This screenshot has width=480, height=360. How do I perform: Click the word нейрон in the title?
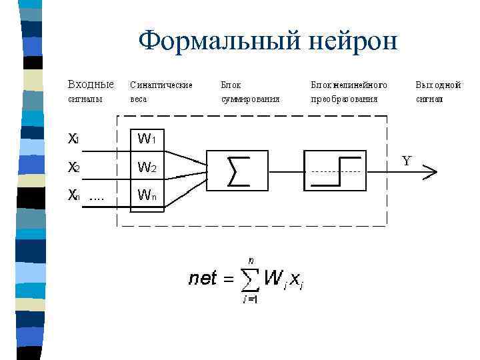pyautogui.click(x=352, y=41)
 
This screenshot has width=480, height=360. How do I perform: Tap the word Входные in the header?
pyautogui.click(x=91, y=85)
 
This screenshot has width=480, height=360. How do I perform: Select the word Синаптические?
pyautogui.click(x=161, y=85)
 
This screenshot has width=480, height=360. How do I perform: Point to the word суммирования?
pyautogui.click(x=251, y=99)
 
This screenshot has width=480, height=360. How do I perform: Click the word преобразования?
pyautogui.click(x=344, y=99)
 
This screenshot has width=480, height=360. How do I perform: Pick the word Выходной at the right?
pyautogui.click(x=438, y=85)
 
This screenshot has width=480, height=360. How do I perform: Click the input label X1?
pyautogui.click(x=74, y=139)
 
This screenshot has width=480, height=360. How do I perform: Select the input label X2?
pyautogui.click(x=74, y=167)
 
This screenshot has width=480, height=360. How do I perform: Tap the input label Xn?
pyautogui.click(x=74, y=195)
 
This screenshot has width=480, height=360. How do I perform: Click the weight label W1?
pyautogui.click(x=147, y=139)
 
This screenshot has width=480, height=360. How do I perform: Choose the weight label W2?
pyautogui.click(x=147, y=167)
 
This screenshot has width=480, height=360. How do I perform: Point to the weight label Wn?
pyautogui.click(x=147, y=195)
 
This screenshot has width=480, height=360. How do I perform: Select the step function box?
pyautogui.click(x=335, y=170)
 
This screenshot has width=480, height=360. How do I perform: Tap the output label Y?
pyautogui.click(x=407, y=161)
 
